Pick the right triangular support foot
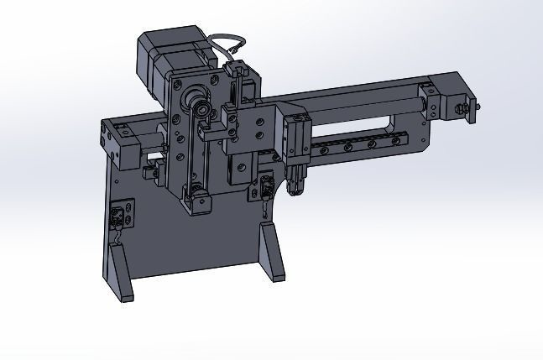tap(273, 255)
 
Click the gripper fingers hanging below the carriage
tap(296, 181)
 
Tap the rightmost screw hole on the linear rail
tap(392, 141)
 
